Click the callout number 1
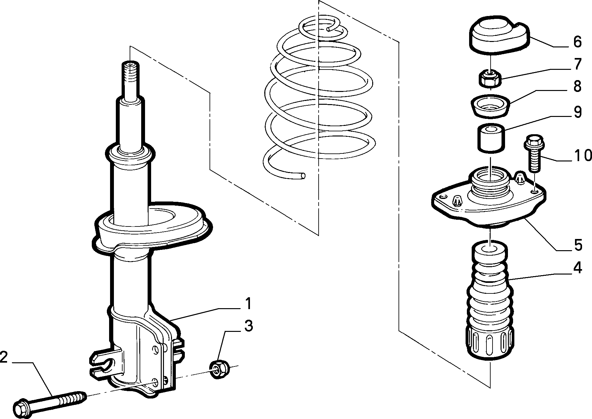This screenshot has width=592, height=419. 248,304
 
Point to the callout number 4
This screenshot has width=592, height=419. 577,268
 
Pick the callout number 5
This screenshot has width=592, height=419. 578,245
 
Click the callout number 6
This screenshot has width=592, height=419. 578,42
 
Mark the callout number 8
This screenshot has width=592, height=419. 578,86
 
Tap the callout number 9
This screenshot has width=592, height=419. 578,112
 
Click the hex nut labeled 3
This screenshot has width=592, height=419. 219,369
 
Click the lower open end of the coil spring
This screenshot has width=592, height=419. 303,176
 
